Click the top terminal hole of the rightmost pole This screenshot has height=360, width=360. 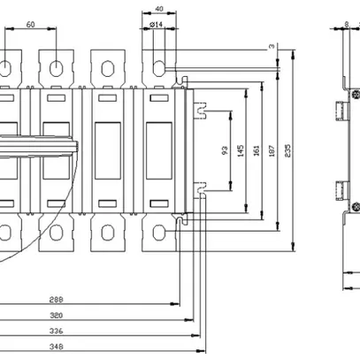point(159,66)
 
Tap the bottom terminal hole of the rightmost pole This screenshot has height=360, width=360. point(159,233)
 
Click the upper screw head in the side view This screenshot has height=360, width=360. point(354,93)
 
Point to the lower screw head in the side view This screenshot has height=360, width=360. point(354,205)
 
